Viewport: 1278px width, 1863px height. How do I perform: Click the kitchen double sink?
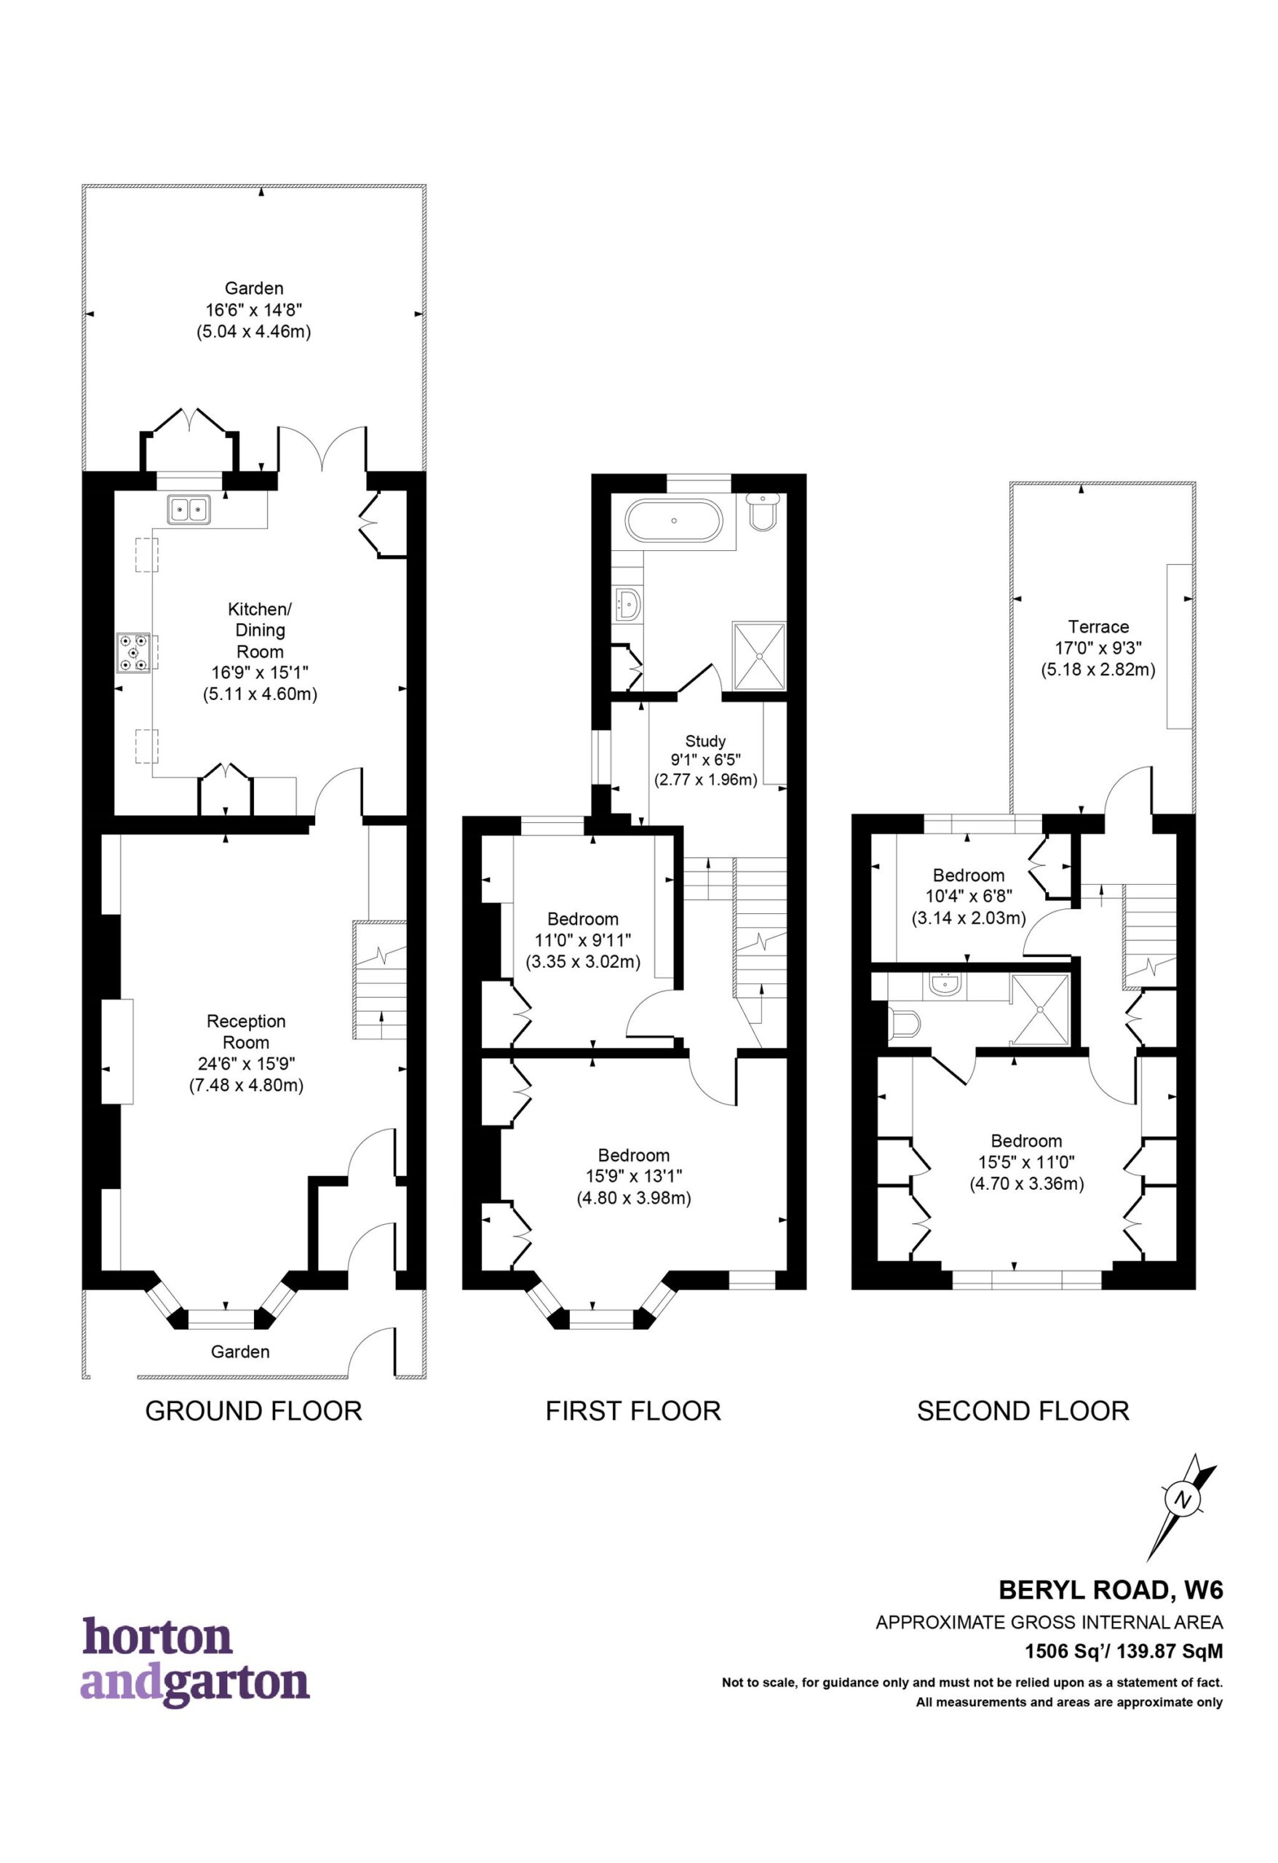[189, 510]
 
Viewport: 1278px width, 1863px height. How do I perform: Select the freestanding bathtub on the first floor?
[673, 521]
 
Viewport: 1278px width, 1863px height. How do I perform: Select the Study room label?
[705, 742]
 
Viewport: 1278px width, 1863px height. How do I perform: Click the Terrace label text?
[1098, 627]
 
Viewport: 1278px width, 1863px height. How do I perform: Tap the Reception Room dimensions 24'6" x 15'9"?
[246, 1065]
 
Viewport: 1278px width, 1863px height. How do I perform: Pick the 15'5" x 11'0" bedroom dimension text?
[1027, 1161]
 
